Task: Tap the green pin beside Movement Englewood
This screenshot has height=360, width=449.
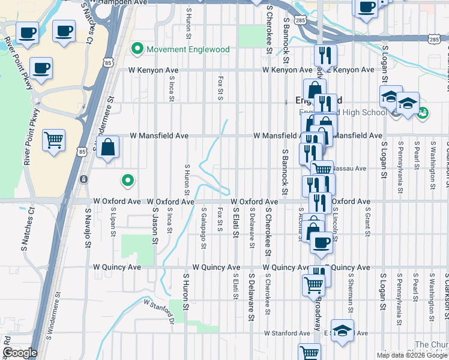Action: (137, 49)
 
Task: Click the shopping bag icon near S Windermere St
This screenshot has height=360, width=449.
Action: (107, 147)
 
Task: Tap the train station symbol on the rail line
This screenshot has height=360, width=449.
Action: (84, 179)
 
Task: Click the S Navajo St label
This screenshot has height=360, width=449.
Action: (88, 228)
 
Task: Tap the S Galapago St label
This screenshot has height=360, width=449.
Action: (204, 228)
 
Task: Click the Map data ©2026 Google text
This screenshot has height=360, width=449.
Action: (411, 355)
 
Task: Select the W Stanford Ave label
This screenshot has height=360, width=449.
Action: (287, 333)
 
